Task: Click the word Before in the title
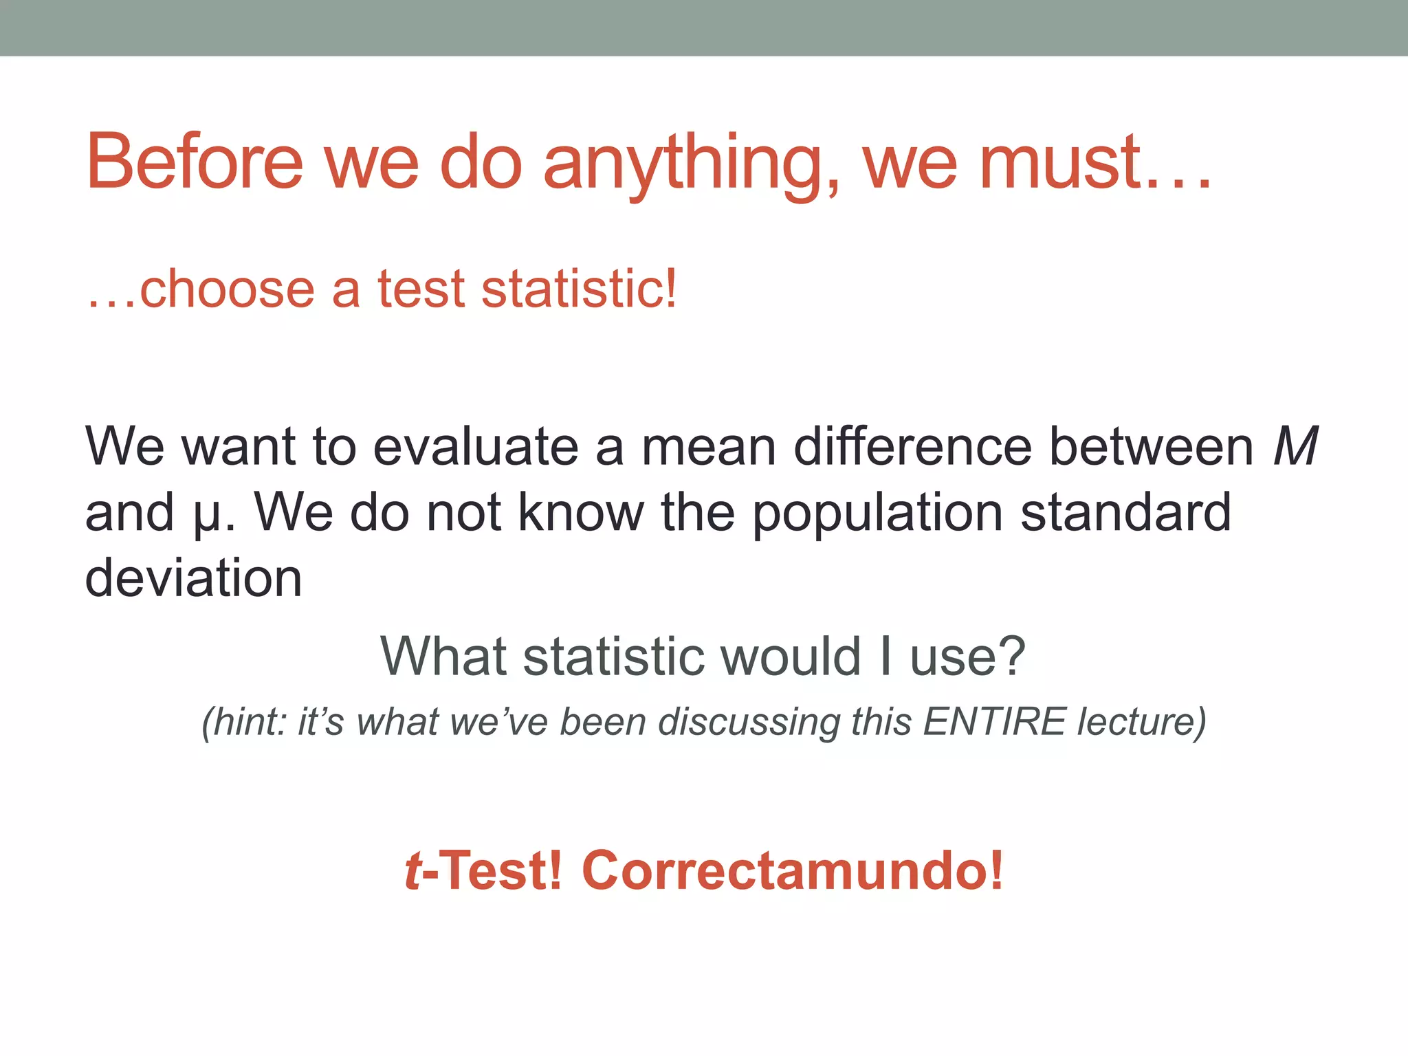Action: coord(195,162)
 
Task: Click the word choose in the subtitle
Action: coord(227,289)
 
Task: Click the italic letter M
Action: coord(1295,448)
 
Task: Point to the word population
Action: coord(877,514)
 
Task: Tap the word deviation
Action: coord(193,579)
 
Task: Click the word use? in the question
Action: coord(968,657)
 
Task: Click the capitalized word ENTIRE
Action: coord(994,722)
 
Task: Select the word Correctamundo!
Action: coord(793,871)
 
